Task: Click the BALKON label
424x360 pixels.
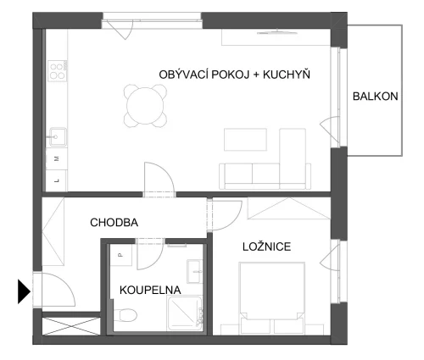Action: (375, 97)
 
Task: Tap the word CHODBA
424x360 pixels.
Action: (114, 223)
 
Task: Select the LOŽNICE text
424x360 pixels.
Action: (266, 246)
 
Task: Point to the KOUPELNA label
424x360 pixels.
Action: (150, 291)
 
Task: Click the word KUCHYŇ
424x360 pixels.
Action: (287, 75)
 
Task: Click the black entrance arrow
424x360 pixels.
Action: (24, 291)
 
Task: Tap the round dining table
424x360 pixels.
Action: (145, 106)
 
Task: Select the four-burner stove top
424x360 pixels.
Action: (58, 71)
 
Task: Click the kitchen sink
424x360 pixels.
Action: (58, 137)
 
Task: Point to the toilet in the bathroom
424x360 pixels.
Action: (126, 314)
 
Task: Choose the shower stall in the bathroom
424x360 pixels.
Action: (185, 313)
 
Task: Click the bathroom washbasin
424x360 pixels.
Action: (194, 272)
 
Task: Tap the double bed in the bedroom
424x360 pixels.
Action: (271, 298)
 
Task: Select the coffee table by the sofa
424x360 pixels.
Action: (245, 140)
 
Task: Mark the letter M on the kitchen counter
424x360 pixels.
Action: (57, 158)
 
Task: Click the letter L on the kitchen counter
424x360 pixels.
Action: (57, 180)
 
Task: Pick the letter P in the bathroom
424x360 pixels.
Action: (120, 255)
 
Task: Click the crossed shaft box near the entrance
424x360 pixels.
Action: (71, 326)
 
